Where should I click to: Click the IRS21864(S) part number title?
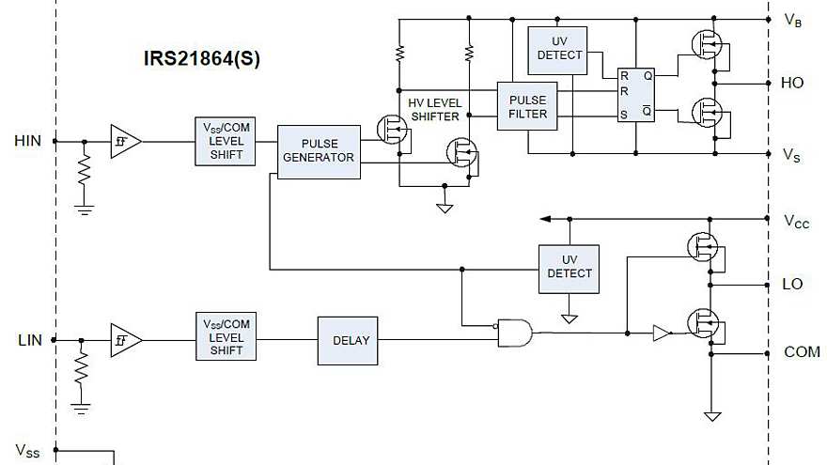click(x=201, y=58)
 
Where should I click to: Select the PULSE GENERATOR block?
click(x=319, y=150)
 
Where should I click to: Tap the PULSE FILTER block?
click(x=527, y=106)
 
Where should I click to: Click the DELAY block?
click(x=347, y=340)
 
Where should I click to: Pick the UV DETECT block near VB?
click(x=559, y=48)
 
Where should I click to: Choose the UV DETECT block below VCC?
click(x=569, y=267)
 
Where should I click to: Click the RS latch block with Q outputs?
click(x=636, y=95)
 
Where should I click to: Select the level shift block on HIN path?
click(x=226, y=141)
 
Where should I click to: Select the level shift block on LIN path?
click(x=226, y=337)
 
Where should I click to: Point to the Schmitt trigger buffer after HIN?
click(x=123, y=141)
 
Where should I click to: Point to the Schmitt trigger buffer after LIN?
click(x=123, y=339)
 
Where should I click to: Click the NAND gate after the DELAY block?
click(x=514, y=332)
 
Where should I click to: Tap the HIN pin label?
click(x=27, y=141)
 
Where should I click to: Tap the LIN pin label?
click(x=29, y=339)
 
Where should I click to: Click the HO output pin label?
click(x=792, y=83)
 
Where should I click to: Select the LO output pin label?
click(x=792, y=284)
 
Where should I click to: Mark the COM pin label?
click(x=802, y=352)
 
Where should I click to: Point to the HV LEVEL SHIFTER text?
click(x=434, y=109)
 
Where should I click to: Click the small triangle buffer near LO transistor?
click(x=663, y=333)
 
